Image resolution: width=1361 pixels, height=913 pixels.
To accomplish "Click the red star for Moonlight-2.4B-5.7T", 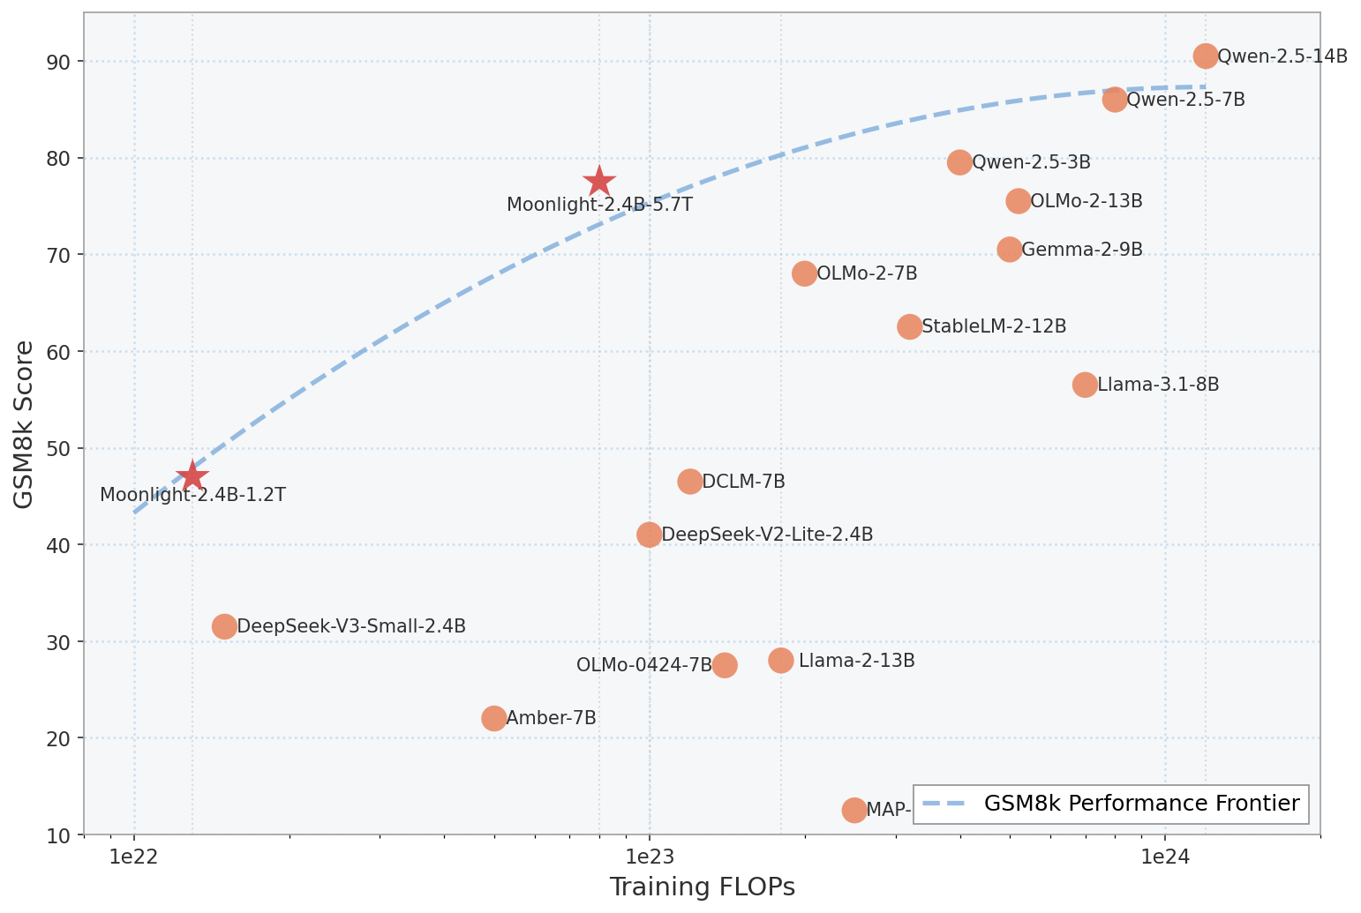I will tap(599, 181).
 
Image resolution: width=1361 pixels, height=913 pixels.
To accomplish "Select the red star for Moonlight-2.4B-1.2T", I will tap(192, 476).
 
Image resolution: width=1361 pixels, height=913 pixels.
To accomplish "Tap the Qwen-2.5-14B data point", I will tap(1206, 56).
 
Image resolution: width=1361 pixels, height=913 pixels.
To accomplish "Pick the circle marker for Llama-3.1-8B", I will tap(1085, 385).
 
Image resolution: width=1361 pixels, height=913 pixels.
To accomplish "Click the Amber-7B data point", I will tap(494, 718).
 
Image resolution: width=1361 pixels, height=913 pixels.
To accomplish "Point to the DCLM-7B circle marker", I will tap(690, 482).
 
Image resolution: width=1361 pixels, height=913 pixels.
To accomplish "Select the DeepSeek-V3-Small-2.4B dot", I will tap(225, 626).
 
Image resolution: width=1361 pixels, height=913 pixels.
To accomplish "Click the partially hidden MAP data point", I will tap(854, 810).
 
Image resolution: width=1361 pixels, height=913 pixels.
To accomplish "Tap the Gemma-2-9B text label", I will tap(1082, 250).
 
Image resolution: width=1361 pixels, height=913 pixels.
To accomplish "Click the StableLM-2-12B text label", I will tap(994, 326).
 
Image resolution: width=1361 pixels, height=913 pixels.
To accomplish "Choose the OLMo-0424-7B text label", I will tap(643, 665).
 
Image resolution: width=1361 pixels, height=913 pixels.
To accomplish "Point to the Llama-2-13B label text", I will tap(856, 661).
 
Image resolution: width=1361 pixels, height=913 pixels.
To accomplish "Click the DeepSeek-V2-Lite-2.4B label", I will tap(767, 535).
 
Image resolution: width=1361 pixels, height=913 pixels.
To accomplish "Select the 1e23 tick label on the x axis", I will tap(650, 857).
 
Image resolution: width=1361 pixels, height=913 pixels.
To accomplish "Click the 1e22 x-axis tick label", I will tap(134, 857).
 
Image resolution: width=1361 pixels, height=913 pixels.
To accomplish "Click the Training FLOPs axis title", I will tap(702, 887).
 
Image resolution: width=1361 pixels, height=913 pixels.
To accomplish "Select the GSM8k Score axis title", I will tap(25, 423).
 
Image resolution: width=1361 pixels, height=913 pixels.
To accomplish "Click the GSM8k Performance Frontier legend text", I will tap(1141, 804).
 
